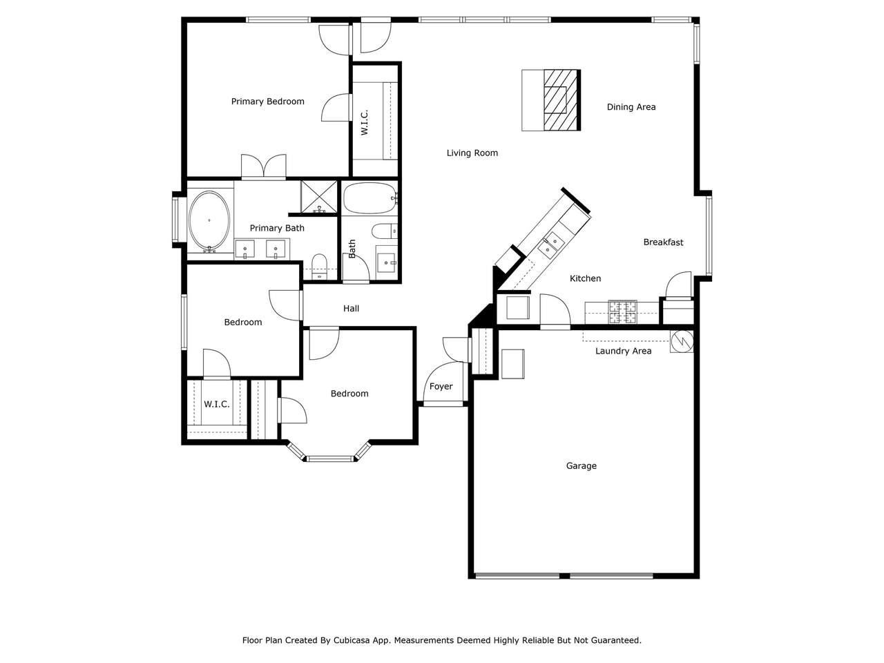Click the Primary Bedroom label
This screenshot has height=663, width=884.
click(267, 102)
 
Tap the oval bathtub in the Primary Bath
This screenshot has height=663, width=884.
click(209, 220)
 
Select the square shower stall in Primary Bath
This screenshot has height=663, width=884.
click(319, 197)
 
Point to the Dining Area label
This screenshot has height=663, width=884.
click(631, 107)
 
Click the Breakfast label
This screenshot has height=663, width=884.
click(663, 242)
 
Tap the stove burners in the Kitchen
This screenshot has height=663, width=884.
click(623, 312)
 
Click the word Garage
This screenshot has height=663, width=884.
click(581, 466)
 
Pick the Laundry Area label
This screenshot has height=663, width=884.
click(623, 351)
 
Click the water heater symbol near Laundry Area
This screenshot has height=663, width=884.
click(682, 340)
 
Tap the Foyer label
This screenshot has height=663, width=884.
click(441, 387)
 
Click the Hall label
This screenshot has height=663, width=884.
click(351, 309)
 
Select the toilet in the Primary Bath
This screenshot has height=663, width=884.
click(318, 265)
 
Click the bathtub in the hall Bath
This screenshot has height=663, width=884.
click(371, 198)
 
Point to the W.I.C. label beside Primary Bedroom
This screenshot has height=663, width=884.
click(365, 122)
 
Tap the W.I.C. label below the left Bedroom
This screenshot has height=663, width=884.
click(216, 405)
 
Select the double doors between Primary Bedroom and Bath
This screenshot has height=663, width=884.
click(263, 166)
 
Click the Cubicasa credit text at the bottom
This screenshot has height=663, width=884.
click(441, 640)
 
